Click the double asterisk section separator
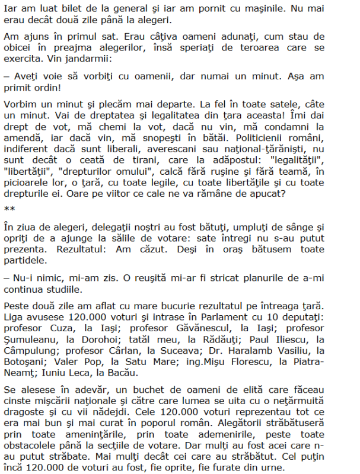click(9, 209)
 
